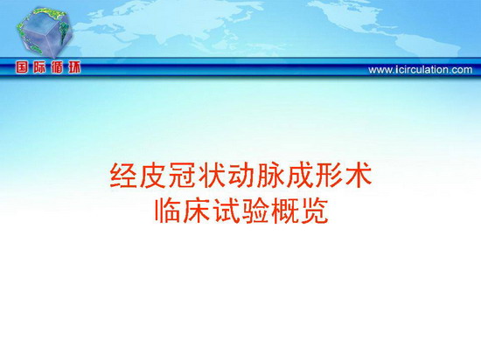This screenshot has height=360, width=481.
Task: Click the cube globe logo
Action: coord(45,33)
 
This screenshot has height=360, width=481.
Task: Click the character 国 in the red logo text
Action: coord(22,67)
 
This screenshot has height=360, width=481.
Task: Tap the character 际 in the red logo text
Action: coord(39,67)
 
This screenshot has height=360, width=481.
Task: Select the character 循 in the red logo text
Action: coord(57,67)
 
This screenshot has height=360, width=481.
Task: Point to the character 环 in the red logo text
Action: coord(74,67)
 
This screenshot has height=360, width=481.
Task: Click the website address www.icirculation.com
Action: coord(421,70)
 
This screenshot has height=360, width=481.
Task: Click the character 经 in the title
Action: coord(123,176)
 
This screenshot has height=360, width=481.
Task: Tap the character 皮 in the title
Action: coord(153,176)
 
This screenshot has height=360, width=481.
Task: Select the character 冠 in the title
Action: coord(182,176)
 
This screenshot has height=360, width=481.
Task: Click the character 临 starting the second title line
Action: coord(168,211)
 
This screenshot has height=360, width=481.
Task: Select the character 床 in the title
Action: coord(197,211)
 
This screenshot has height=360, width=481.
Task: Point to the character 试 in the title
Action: coord(227,211)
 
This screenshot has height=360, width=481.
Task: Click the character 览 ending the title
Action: coord(315,211)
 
